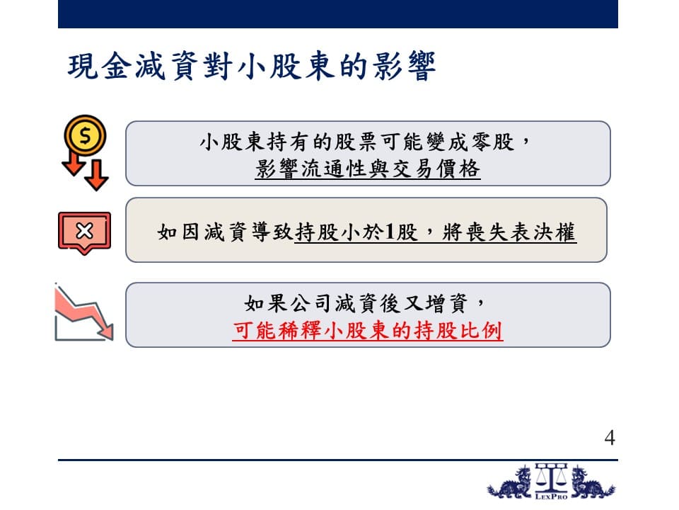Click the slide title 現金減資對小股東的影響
click(252, 67)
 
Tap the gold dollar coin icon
click(86, 136)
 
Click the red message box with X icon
click(84, 233)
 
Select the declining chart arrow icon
click(84, 312)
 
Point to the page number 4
click(610, 438)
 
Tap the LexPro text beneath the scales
click(551, 496)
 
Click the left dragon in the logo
click(510, 483)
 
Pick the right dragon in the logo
click(593, 483)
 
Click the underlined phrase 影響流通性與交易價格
click(368, 169)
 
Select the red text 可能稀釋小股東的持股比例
click(368, 331)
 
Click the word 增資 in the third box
click(446, 304)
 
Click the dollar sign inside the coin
click(86, 136)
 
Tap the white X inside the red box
click(84, 231)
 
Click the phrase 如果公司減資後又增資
click(356, 304)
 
